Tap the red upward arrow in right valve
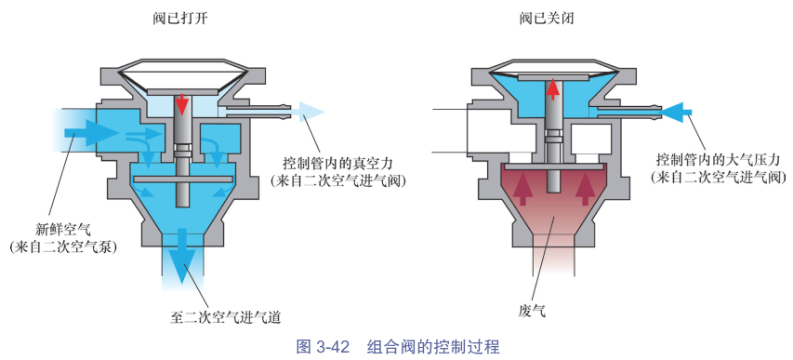click(554, 89)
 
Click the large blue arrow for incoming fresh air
click(91, 133)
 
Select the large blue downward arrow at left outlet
click(182, 253)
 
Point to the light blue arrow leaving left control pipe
click(303, 112)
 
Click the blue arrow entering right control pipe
click(676, 112)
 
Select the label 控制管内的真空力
click(337, 164)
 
